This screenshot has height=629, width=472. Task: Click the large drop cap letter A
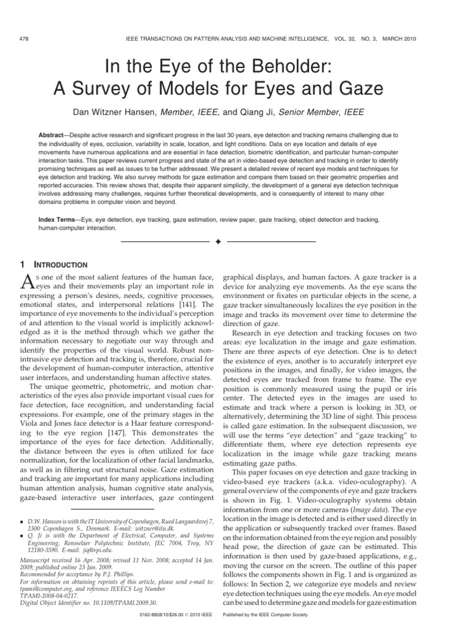tap(28, 282)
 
